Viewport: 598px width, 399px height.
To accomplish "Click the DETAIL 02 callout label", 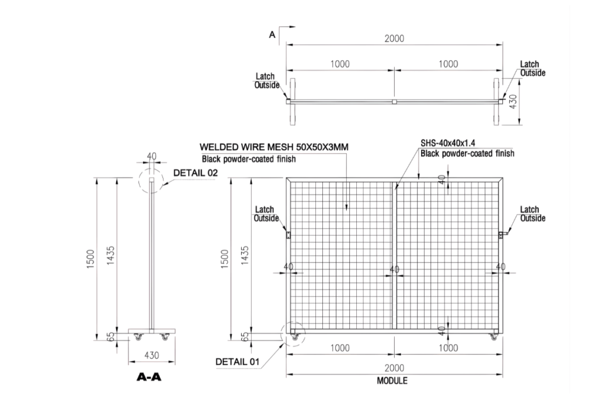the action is click(195, 173).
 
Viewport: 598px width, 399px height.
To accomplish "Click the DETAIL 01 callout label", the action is click(237, 362).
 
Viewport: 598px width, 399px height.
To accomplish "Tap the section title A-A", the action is click(149, 377).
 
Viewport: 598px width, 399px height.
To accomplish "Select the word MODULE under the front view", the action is click(392, 381).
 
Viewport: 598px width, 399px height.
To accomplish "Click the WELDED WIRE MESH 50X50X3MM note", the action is click(274, 147).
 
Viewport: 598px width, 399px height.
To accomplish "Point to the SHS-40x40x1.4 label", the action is click(448, 143).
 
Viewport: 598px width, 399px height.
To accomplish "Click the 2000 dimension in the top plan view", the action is click(394, 39).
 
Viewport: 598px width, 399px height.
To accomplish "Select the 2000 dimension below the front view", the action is click(394, 368).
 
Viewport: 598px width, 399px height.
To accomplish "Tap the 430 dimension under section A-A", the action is click(151, 355).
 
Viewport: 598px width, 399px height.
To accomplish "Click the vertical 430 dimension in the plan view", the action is click(513, 102).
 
